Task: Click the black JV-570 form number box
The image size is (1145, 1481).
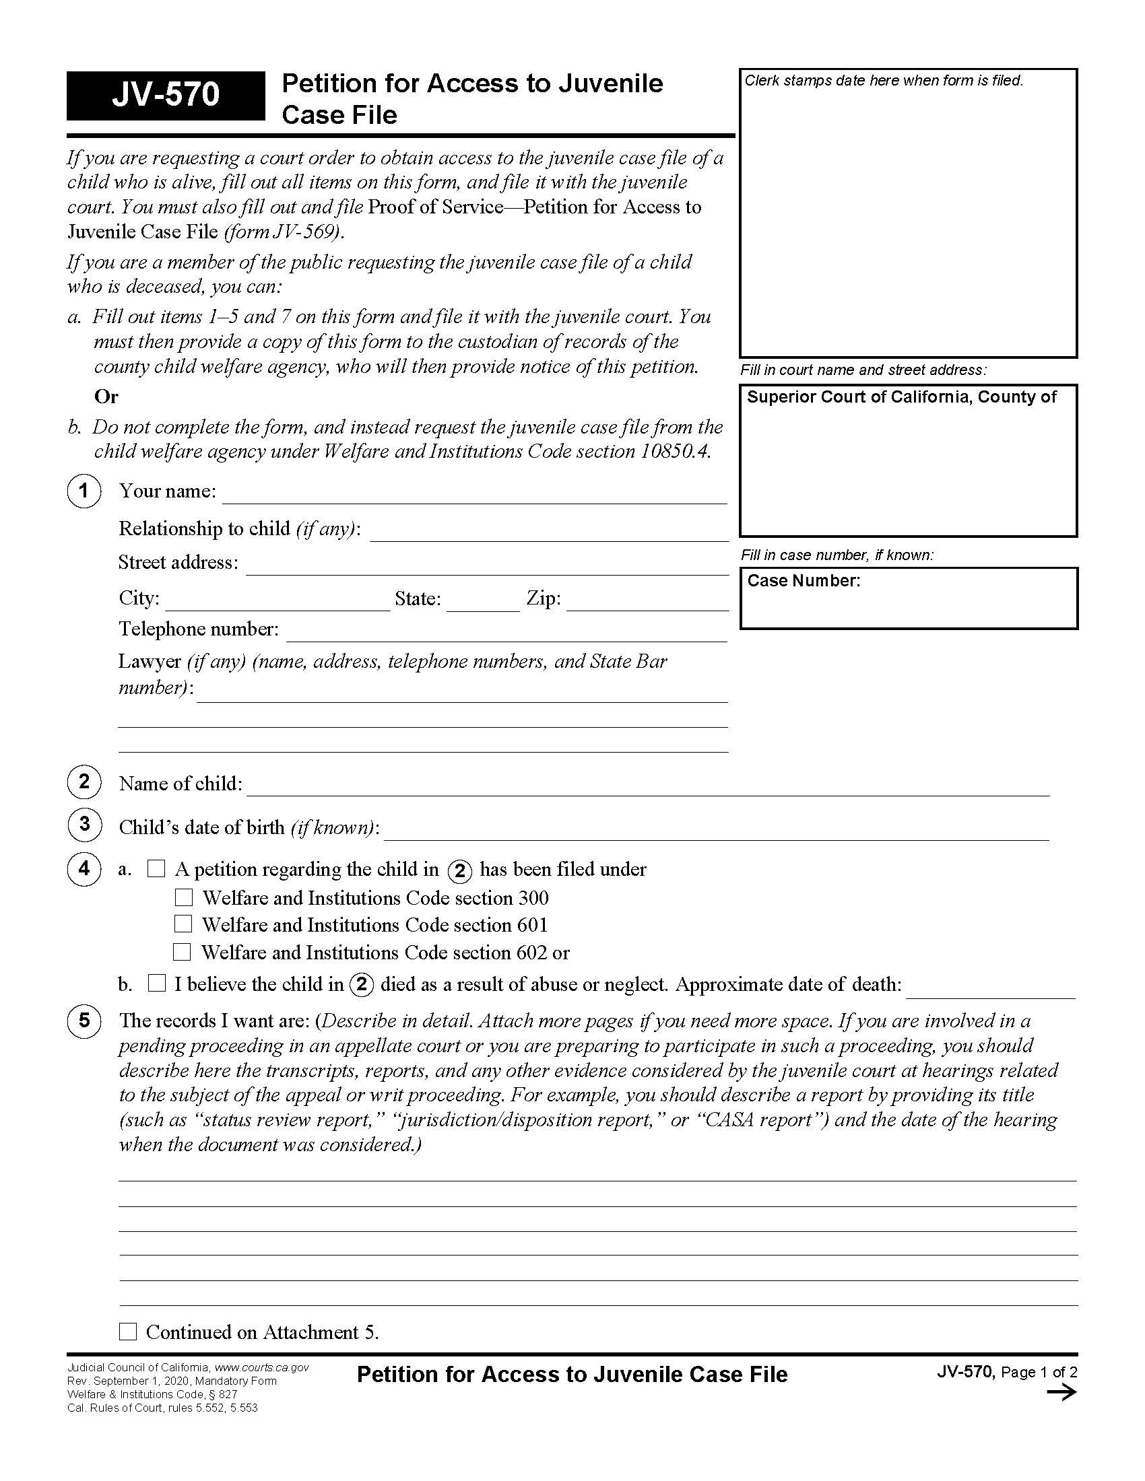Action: (x=166, y=95)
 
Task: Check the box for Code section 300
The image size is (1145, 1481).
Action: (x=184, y=897)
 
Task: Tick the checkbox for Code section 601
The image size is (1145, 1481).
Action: (x=183, y=924)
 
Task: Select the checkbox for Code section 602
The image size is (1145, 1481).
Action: (x=182, y=951)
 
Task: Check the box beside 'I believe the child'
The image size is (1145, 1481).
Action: (x=157, y=983)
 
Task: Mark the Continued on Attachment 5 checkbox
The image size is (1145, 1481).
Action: (x=127, y=1331)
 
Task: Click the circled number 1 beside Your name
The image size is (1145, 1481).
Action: (x=84, y=490)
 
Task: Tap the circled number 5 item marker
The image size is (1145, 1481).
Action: (x=84, y=1020)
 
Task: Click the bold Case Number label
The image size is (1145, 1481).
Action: (x=803, y=580)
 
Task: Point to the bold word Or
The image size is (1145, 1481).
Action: (x=106, y=397)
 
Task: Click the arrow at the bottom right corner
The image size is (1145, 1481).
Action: (x=1061, y=1393)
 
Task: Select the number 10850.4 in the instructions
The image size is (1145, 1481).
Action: (x=674, y=452)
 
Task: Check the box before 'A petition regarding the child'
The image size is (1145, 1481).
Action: (x=156, y=868)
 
